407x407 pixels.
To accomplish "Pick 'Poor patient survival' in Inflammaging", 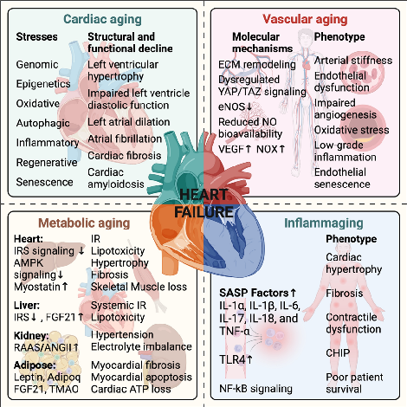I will pyautogui.click(x=354, y=384).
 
